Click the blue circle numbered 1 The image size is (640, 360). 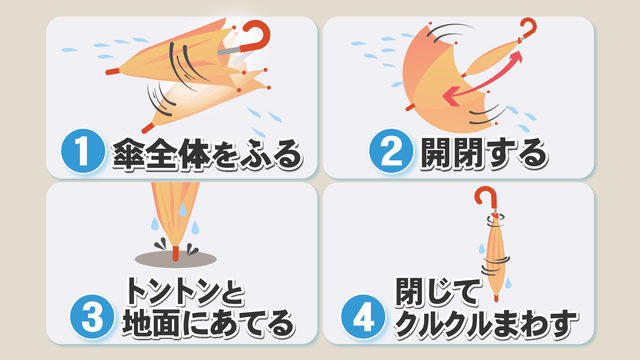pyautogui.click(x=83, y=151)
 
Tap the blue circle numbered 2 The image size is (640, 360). pyautogui.click(x=391, y=151)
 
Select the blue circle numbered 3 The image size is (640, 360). pyautogui.click(x=92, y=317)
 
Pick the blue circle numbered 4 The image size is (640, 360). pyautogui.click(x=363, y=317)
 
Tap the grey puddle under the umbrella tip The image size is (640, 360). pyautogui.click(x=176, y=259)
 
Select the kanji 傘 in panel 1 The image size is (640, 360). pyautogui.click(x=129, y=154)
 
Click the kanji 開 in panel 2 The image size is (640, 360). pyautogui.click(x=436, y=153)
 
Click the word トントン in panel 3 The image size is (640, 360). pyautogui.click(x=173, y=291)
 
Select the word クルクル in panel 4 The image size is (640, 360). pyautogui.click(x=444, y=324)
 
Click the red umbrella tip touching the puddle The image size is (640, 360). pyautogui.click(x=176, y=253)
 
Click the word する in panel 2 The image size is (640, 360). pyautogui.click(x=515, y=153)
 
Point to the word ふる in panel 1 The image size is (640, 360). pyautogui.click(x=271, y=154)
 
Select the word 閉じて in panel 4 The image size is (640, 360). pyautogui.click(x=437, y=291)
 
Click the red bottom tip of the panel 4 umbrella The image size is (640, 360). pyautogui.click(x=496, y=298)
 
